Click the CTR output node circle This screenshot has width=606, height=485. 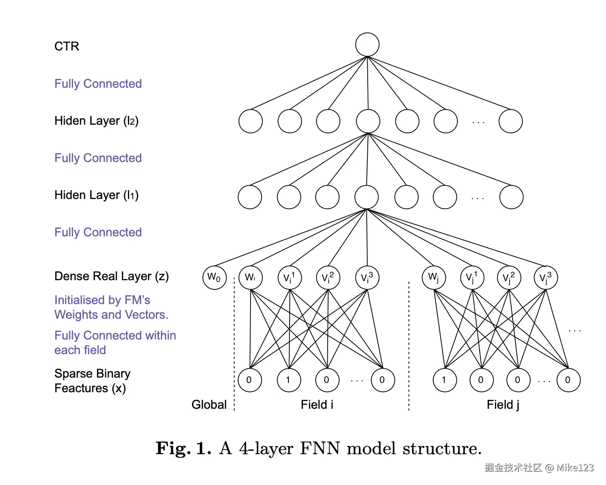[x=367, y=45]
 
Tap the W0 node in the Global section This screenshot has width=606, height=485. [x=214, y=278]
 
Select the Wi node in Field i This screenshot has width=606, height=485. [x=251, y=278]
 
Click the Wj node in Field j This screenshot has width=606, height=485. [x=434, y=278]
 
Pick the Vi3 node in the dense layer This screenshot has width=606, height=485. [x=367, y=278]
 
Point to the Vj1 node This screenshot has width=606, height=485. [x=472, y=278]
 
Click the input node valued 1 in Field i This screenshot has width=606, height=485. [x=289, y=380]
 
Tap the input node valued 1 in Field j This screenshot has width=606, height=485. [x=444, y=380]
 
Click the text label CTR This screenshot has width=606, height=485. [x=67, y=46]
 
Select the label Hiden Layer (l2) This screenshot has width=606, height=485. [x=96, y=121]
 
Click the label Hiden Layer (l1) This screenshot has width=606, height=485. [x=96, y=195]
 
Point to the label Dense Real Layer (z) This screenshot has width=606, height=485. [x=111, y=276]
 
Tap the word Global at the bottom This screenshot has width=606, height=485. [x=209, y=405]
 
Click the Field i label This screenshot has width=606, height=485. [x=317, y=405]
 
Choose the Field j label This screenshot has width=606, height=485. [x=503, y=405]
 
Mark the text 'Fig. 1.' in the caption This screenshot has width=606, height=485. [x=183, y=448]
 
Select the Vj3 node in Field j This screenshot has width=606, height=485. [x=545, y=278]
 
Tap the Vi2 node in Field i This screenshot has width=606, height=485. [x=328, y=278]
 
